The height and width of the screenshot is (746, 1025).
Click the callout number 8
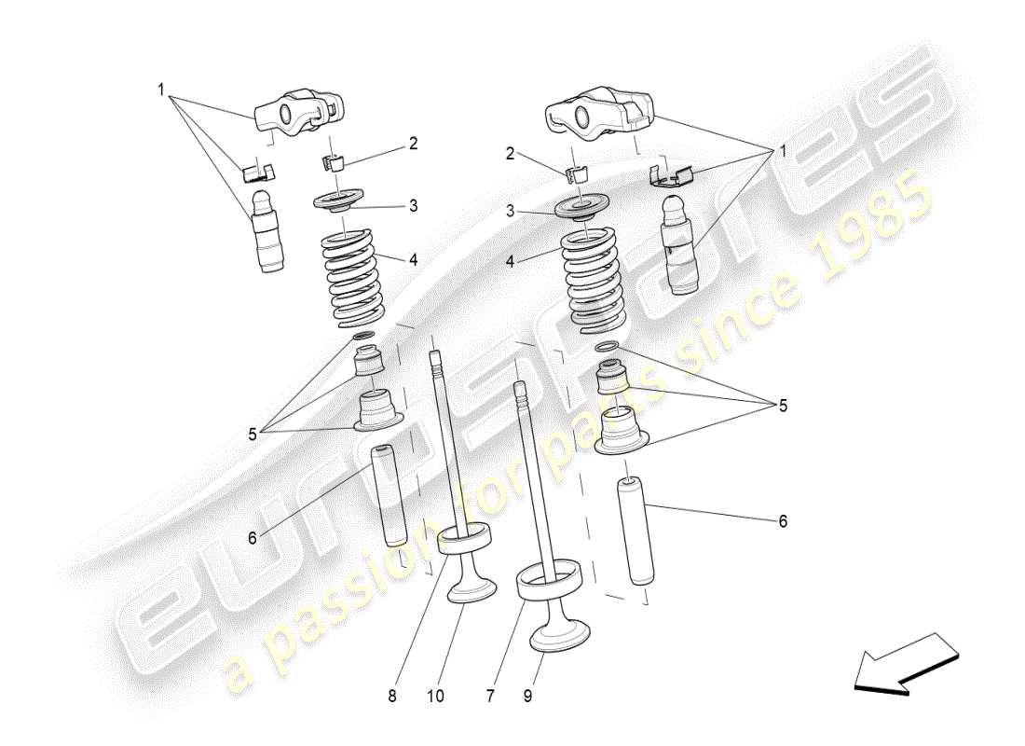click(392, 695)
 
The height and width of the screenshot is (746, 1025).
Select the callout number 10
click(435, 695)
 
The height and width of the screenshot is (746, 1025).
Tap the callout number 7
click(491, 695)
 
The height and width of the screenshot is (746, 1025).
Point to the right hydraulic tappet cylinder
click(682, 244)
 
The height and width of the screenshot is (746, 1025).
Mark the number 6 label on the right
click(783, 521)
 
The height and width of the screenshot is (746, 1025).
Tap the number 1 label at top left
click(160, 90)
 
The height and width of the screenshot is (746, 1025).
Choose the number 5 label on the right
click(783, 406)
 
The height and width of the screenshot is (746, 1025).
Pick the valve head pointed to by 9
click(556, 637)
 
